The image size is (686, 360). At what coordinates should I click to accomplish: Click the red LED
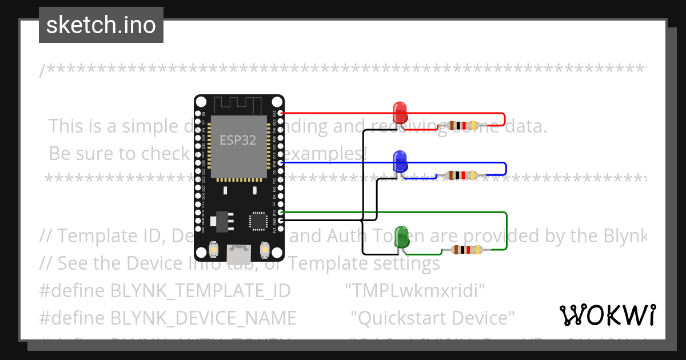tap(400, 112)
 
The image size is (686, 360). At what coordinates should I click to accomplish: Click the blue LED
tap(400, 161)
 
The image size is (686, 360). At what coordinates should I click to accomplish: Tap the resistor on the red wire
tap(462, 126)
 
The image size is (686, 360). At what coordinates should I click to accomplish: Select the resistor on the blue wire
tap(462, 175)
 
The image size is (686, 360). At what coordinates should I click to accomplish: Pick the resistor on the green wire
tap(466, 250)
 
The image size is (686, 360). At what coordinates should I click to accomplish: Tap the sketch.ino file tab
tap(101, 25)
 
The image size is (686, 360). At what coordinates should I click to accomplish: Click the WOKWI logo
tap(607, 315)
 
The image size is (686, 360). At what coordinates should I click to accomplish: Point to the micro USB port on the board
tap(239, 251)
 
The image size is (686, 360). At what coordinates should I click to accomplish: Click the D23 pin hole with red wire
tap(280, 113)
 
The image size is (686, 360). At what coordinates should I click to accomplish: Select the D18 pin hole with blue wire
tap(280, 163)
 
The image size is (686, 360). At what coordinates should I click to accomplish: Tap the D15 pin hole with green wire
tap(280, 212)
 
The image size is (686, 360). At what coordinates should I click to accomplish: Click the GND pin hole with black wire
tap(280, 219)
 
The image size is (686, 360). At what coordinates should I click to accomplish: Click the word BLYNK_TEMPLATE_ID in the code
tap(200, 291)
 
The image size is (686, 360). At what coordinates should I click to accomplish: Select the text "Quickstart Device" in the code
tap(432, 318)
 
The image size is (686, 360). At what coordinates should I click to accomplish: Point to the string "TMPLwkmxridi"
tap(416, 291)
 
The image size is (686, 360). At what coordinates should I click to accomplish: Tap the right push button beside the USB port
tap(265, 249)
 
